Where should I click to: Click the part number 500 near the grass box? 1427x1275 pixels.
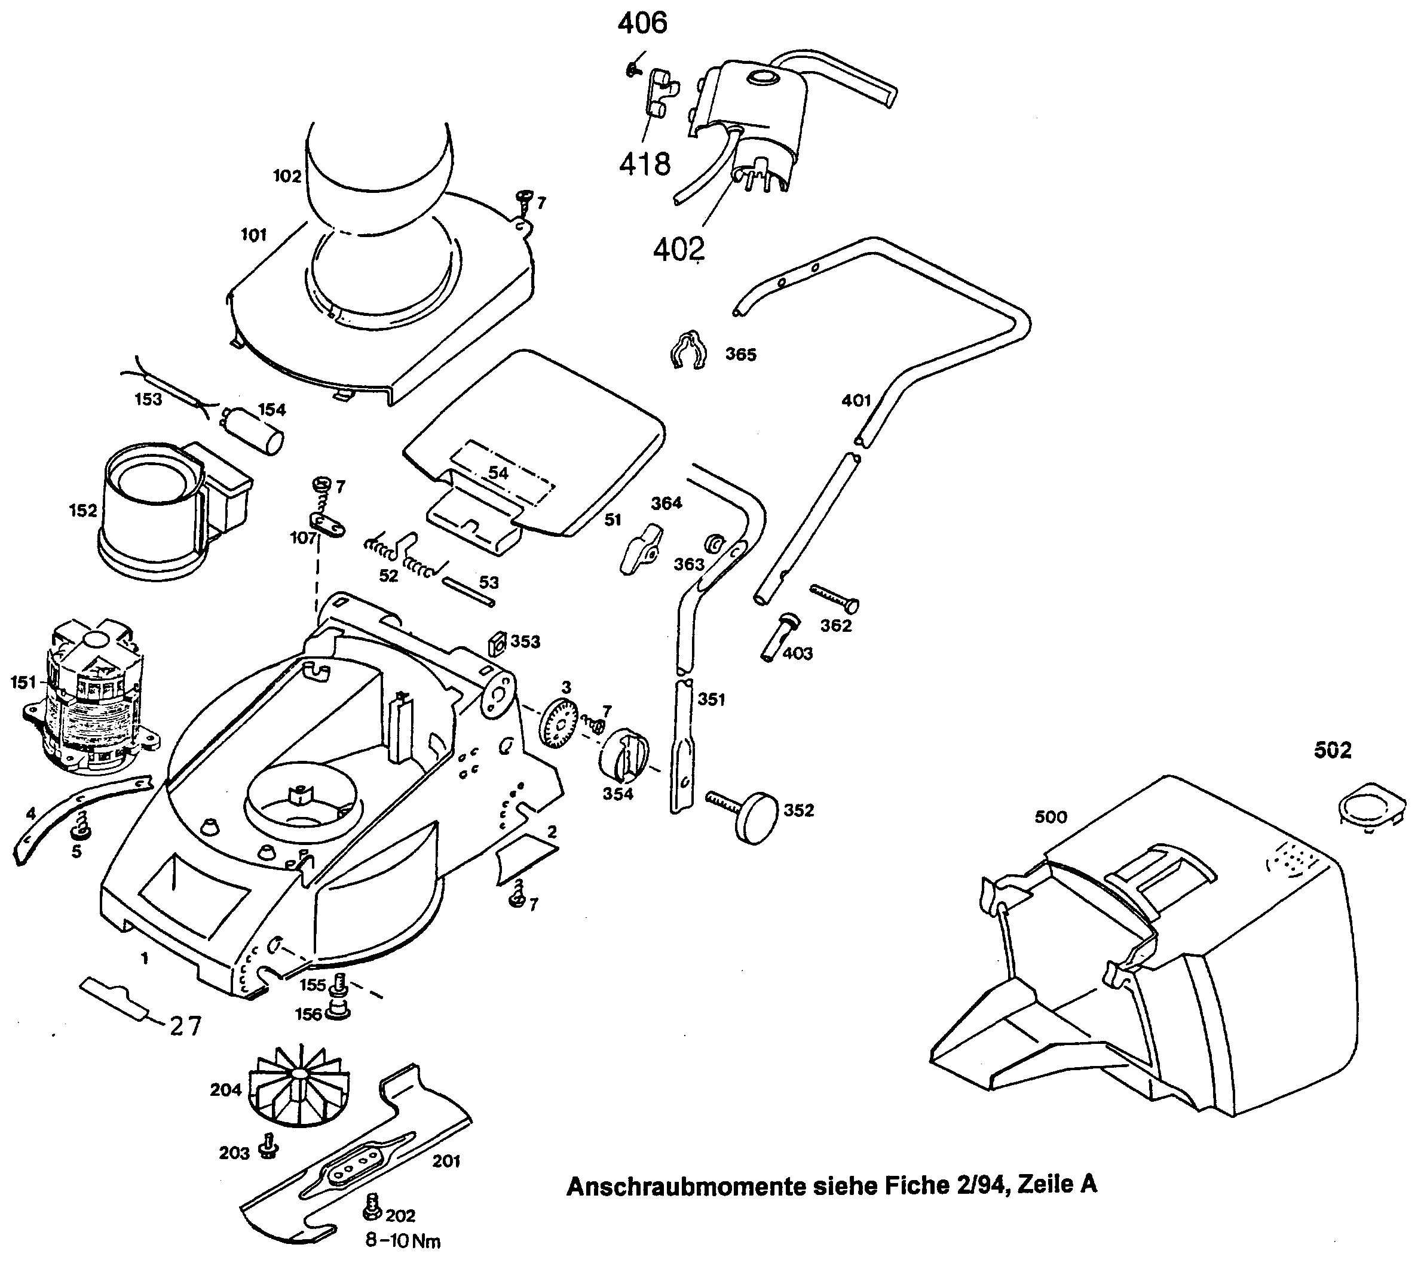tap(1051, 817)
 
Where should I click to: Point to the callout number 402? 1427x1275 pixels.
tap(678, 248)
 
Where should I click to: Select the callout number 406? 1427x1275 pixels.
tap(642, 24)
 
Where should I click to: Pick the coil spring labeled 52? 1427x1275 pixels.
tap(406, 554)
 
